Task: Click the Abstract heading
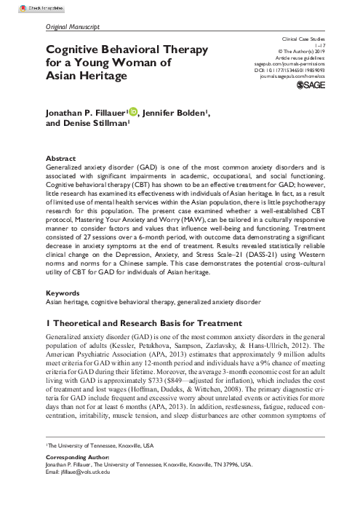pyautogui.click(x=59, y=157)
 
